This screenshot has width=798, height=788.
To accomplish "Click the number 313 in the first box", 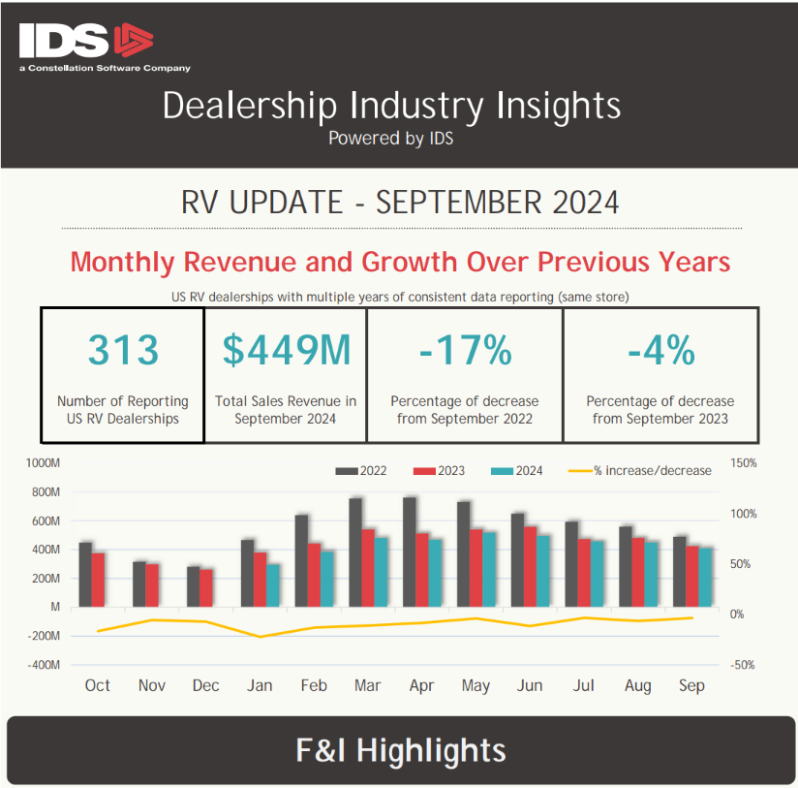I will pyautogui.click(x=123, y=350).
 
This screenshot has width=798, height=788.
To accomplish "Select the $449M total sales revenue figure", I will pyautogui.click(x=286, y=350).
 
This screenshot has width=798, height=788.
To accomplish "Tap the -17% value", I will pyautogui.click(x=465, y=350).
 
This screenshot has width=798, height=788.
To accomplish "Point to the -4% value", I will pyautogui.click(x=660, y=350).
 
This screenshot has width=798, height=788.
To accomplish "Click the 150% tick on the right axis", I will pyautogui.click(x=744, y=463).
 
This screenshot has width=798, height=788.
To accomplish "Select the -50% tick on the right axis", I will pyautogui.click(x=744, y=666).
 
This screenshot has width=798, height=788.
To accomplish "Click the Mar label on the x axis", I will pyautogui.click(x=367, y=685).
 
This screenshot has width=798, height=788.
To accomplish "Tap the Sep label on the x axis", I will pyautogui.click(x=691, y=685).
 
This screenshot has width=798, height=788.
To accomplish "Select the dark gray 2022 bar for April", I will pyautogui.click(x=410, y=552).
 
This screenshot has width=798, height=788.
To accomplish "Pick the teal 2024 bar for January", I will pyautogui.click(x=274, y=585).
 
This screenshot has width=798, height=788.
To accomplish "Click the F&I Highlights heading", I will pyautogui.click(x=400, y=750).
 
